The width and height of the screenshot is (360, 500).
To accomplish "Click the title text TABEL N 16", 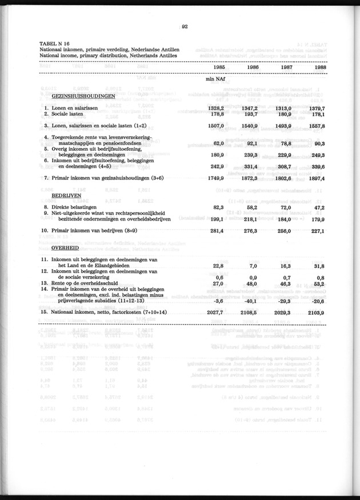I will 54,43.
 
